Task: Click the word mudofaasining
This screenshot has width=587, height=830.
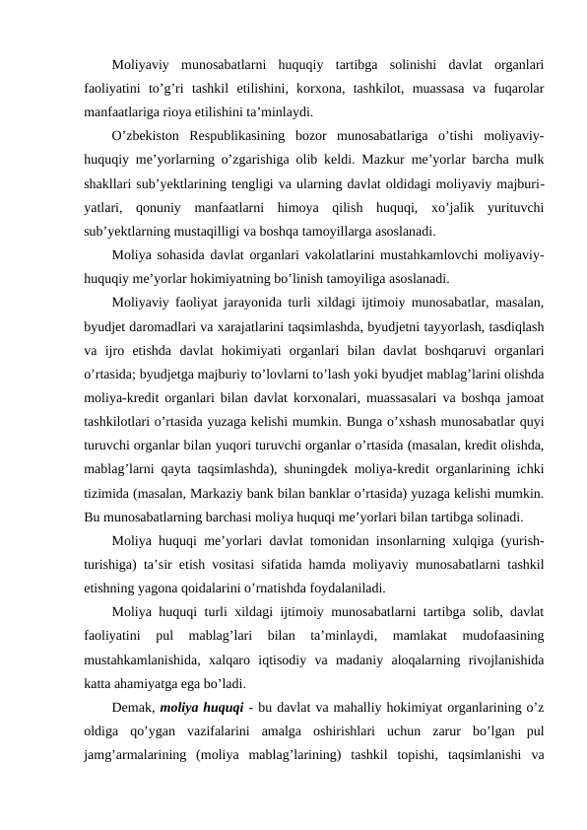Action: (502, 638)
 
